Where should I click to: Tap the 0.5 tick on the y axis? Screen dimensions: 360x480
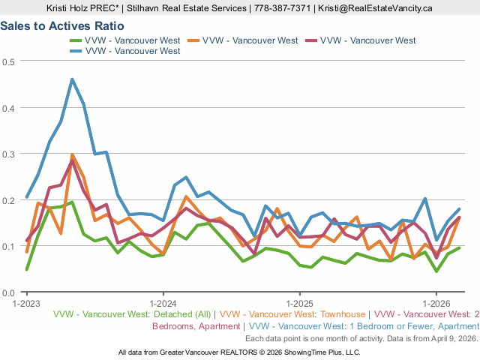click(8, 61)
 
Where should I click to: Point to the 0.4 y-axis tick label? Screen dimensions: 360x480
click(8, 107)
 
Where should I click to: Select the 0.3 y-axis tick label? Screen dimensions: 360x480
click(8, 154)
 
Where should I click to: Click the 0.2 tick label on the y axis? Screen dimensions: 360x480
click(8, 200)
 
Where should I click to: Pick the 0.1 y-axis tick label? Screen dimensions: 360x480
click(8, 246)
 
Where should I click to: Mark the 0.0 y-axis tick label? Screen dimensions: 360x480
click(8, 292)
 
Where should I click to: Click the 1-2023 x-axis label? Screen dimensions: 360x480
click(27, 304)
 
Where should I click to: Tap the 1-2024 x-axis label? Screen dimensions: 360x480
click(163, 304)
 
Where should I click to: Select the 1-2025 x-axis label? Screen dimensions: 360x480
click(298, 304)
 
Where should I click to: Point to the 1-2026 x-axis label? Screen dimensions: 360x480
click(435, 304)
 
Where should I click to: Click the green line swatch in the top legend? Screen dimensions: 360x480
click(76, 40)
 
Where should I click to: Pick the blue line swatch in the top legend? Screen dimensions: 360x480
click(76, 51)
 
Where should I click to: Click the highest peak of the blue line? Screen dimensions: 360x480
click(72, 79)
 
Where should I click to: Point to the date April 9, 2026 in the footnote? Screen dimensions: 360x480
click(447, 338)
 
